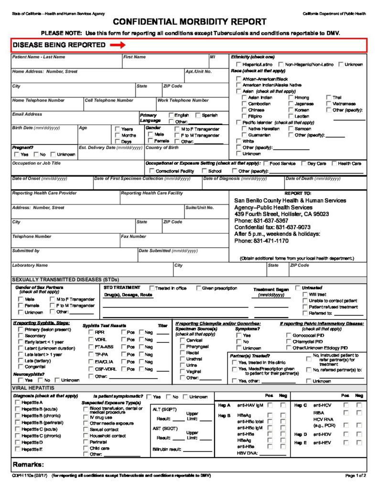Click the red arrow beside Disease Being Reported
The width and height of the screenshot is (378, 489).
click(117, 45)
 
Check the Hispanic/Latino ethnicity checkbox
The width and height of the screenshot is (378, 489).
click(238, 64)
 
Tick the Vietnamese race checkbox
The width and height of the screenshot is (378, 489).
click(328, 104)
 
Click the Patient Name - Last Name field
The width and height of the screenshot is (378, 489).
click(67, 63)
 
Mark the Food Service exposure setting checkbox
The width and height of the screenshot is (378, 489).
click(266, 163)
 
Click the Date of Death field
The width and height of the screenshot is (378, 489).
click(325, 184)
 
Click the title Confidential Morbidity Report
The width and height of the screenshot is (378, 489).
click(190, 22)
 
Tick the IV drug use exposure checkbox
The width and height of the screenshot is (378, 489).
click(86, 417)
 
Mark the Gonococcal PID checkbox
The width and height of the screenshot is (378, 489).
click(289, 336)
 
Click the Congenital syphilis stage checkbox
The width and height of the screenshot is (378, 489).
click(20, 367)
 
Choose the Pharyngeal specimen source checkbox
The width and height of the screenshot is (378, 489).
click(182, 347)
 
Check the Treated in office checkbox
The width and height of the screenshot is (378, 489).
click(152, 288)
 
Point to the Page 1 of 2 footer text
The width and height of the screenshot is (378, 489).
click(356, 476)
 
